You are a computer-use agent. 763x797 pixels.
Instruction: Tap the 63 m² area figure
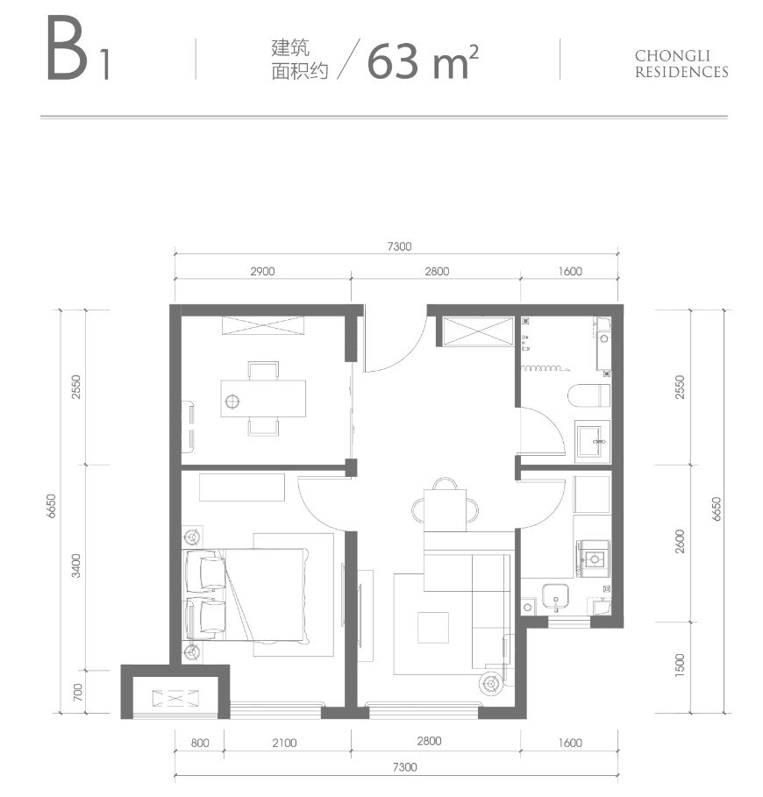[x=417, y=60]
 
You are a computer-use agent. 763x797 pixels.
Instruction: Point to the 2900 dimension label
[x=262, y=271]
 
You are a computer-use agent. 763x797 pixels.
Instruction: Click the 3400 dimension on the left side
[x=77, y=566]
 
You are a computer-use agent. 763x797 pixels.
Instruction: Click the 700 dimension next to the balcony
[x=77, y=693]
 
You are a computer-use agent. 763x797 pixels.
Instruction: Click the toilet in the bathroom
[x=588, y=395]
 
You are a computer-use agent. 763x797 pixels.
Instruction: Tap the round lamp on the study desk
[x=232, y=402]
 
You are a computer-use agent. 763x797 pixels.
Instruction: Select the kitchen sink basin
[x=554, y=598]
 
